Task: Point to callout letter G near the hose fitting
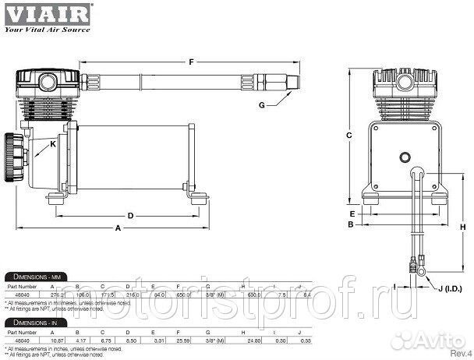tap(264, 105)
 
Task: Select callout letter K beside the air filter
tap(53, 145)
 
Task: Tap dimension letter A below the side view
tap(118, 229)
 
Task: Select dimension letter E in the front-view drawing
tap(352, 213)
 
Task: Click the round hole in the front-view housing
tap(405, 157)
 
